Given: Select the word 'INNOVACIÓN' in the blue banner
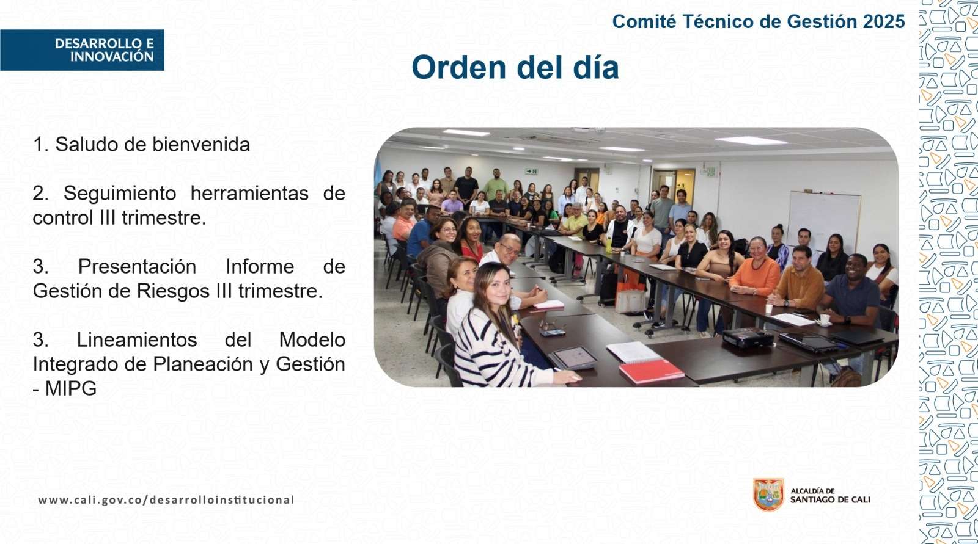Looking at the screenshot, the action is [112, 57].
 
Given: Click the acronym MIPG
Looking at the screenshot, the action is [70, 388].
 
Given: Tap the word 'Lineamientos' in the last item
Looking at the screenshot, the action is [137, 339].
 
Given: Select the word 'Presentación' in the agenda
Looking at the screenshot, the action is [137, 267].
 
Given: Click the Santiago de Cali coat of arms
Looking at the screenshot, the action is [768, 495].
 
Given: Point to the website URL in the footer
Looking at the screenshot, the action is [166, 500].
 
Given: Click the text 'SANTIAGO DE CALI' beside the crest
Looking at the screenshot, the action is [830, 500].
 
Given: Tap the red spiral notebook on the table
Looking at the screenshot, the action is [652, 371].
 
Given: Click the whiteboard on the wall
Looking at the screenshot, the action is [823, 220].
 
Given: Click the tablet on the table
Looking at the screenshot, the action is [575, 358].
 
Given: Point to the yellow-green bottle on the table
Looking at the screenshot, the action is [609, 245].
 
